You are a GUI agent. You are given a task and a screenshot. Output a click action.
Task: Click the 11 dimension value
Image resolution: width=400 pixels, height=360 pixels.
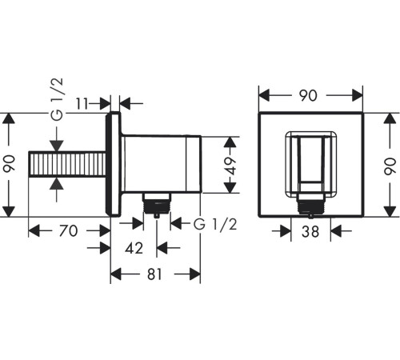point(92,102)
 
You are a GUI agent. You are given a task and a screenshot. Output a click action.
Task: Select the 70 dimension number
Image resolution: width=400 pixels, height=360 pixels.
point(68,231)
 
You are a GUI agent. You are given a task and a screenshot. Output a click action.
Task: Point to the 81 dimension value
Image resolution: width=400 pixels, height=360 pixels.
point(154,274)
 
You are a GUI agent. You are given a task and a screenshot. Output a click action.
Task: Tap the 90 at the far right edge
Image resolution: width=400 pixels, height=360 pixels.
point(390,166)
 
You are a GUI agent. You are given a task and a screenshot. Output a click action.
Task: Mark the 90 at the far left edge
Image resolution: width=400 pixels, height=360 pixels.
point(10,166)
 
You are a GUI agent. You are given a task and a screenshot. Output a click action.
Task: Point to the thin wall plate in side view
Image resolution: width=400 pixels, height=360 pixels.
point(115,165)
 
